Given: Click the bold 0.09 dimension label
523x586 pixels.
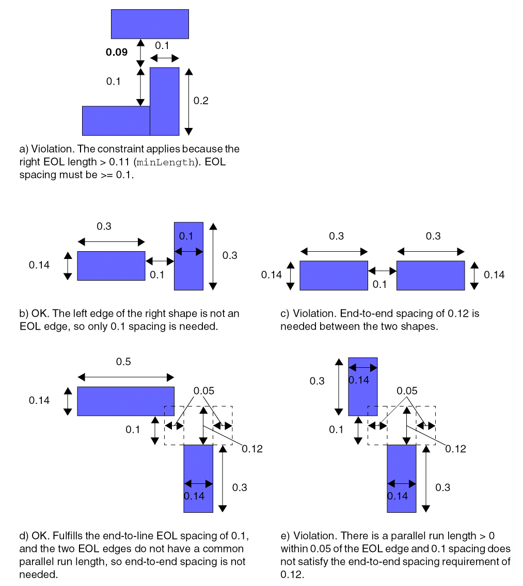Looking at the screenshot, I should tap(116, 52).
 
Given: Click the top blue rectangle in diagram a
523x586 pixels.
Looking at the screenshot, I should tap(150, 24).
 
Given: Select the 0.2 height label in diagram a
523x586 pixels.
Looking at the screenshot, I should tap(201, 101).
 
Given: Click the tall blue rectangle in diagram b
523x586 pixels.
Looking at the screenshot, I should tap(188, 255).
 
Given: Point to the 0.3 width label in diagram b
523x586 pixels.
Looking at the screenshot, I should tap(104, 226).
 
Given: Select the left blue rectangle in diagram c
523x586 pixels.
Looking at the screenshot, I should tap(334, 275).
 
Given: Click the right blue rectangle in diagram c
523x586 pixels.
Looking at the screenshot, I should tap(431, 275).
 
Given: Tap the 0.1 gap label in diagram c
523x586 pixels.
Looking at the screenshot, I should tap(379, 284).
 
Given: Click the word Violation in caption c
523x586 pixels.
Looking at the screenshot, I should tap(312, 314).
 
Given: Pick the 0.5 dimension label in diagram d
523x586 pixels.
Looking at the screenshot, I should tap(123, 362).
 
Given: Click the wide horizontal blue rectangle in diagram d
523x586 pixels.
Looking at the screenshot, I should tap(125, 401).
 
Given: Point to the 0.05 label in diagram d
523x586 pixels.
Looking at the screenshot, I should tap(203, 390).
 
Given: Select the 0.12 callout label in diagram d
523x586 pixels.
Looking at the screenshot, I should tap(252, 449).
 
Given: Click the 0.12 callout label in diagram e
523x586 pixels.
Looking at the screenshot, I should tap(455, 449).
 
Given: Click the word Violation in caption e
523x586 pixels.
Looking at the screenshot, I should tap(313, 536).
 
